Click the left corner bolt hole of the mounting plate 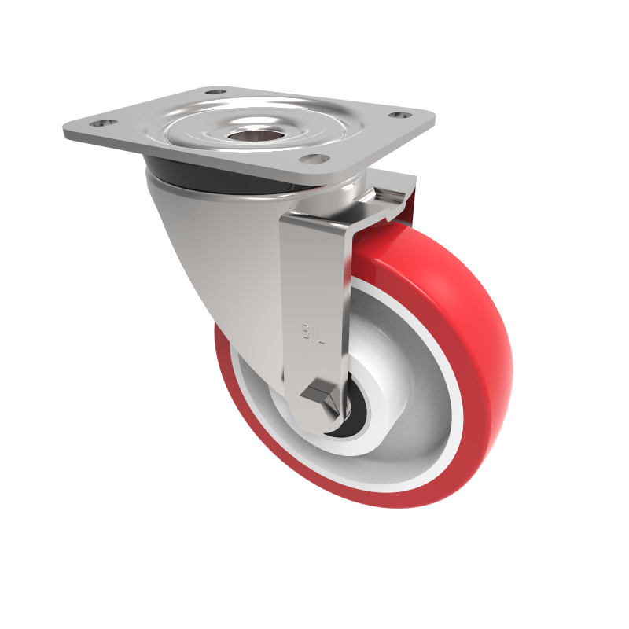point(102,123)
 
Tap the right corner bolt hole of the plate point(400,116)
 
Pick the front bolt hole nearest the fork point(314,158)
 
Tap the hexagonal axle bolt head point(322,395)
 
